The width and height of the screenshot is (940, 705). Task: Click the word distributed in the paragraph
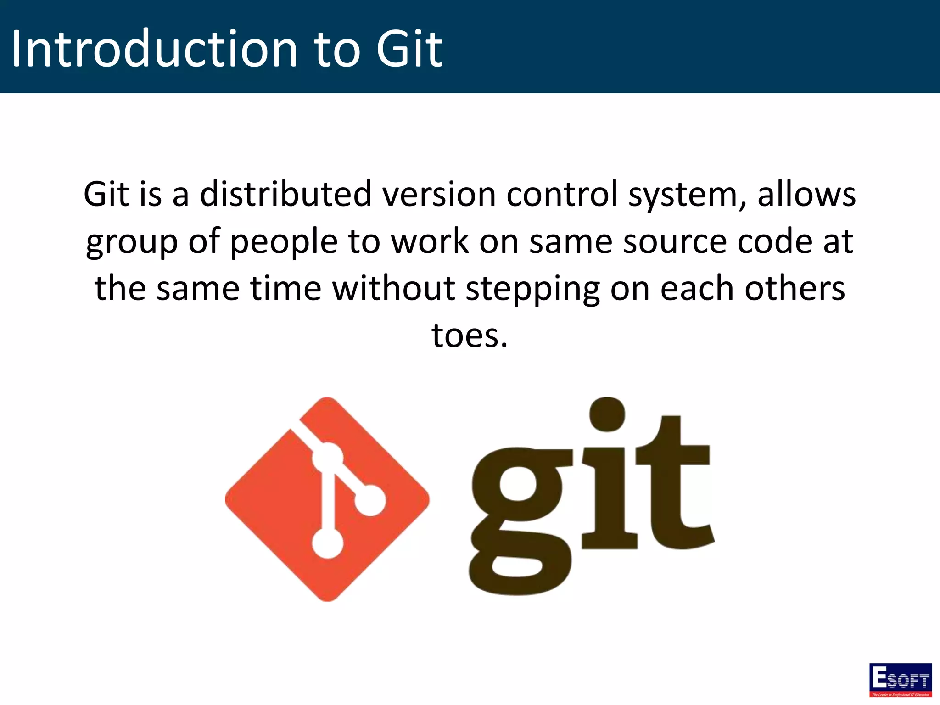285,194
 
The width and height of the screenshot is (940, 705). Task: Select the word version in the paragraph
439,194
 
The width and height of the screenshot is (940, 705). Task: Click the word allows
806,194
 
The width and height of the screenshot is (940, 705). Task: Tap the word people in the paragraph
284,242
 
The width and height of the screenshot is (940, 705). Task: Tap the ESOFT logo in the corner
900,680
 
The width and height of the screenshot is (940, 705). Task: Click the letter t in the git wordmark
675,487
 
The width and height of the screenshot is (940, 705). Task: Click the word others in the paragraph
795,289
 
